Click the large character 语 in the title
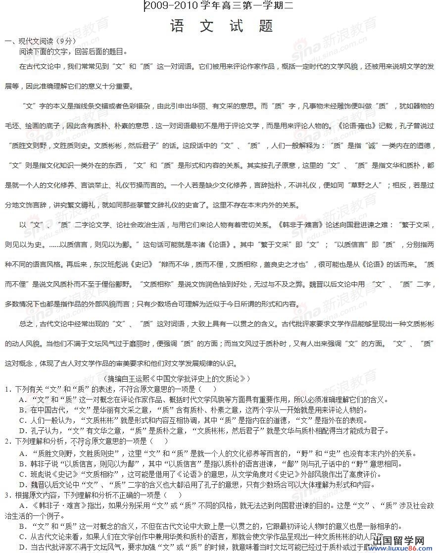pyautogui.click(x=177, y=26)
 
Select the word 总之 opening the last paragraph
pyautogui.click(x=27, y=324)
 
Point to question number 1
pyautogui.click(x=7, y=389)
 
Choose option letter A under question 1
pyautogui.click(x=22, y=400)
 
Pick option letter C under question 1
pyautogui.click(x=22, y=420)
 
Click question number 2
pyautogui.click(x=7, y=441)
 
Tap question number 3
pyautogui.click(x=7, y=495)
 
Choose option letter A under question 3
pyautogui.click(x=22, y=505)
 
